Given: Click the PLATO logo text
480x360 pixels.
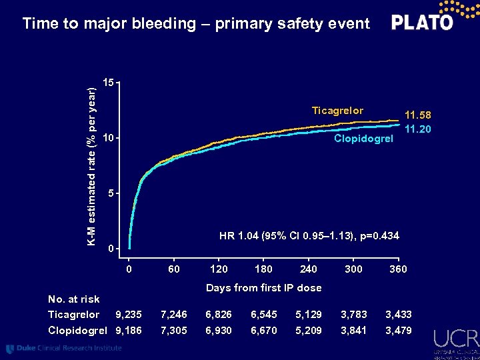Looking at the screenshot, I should tap(422, 23).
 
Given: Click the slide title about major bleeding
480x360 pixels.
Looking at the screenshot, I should tap(195, 24).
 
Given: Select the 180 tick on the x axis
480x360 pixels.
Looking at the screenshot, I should tap(263, 269).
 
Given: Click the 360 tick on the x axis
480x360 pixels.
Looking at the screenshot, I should tap(398, 269).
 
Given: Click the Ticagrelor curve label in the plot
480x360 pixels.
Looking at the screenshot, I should tap(338, 111).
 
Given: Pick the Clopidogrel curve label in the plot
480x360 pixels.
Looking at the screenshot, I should tap(364, 139).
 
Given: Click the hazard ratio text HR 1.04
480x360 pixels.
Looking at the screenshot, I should tap(309, 235).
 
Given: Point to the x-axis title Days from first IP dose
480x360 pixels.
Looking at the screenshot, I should tap(263, 288).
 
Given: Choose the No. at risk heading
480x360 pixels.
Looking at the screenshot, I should tap(74, 299).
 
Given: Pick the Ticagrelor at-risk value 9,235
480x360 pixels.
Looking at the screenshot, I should tap(128, 315).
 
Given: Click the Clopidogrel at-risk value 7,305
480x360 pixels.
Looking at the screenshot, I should tap(173, 331).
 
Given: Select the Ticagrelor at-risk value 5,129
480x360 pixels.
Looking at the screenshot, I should tap(308, 315).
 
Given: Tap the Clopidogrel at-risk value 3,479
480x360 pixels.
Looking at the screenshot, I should tap(398, 331).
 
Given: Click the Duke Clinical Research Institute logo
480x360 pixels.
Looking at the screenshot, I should tap(64, 348).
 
